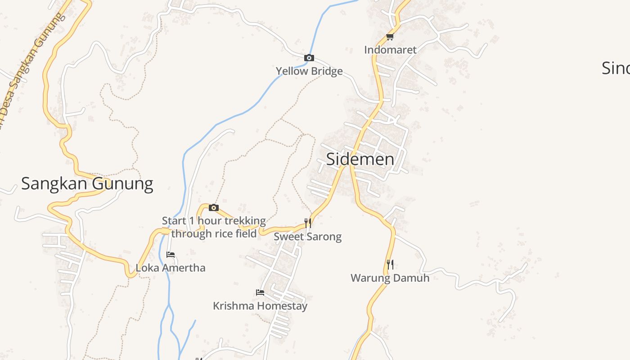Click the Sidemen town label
(x=360, y=159)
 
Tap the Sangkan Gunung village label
(x=87, y=184)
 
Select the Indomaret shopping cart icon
(x=390, y=37)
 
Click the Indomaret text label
(x=390, y=49)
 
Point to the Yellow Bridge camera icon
(x=309, y=58)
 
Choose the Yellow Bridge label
(x=309, y=71)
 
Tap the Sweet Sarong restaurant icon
(x=308, y=223)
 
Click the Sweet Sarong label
(x=308, y=237)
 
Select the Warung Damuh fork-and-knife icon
(x=390, y=264)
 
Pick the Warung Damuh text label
(x=390, y=278)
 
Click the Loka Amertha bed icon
(x=171, y=255)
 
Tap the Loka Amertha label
(x=171, y=268)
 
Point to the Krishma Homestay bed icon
(x=260, y=292)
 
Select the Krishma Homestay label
(x=260, y=306)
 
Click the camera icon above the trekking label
(x=214, y=208)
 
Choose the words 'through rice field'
(x=214, y=234)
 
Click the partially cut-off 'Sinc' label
(x=616, y=68)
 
